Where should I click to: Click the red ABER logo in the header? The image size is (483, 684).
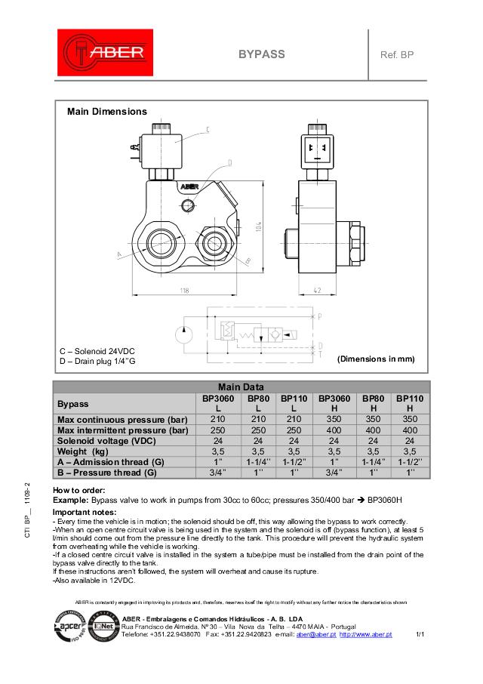[106, 54]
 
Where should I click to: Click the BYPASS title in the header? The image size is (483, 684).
[261, 54]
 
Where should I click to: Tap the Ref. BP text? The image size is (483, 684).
[397, 54]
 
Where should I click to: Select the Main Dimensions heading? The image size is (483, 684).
[107, 112]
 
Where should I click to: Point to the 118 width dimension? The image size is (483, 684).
[185, 291]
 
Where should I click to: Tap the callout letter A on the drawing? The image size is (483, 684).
[119, 255]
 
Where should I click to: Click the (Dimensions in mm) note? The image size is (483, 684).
[376, 359]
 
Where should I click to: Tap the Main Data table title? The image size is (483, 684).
[241, 387]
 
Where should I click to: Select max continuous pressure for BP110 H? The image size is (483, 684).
[409, 420]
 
